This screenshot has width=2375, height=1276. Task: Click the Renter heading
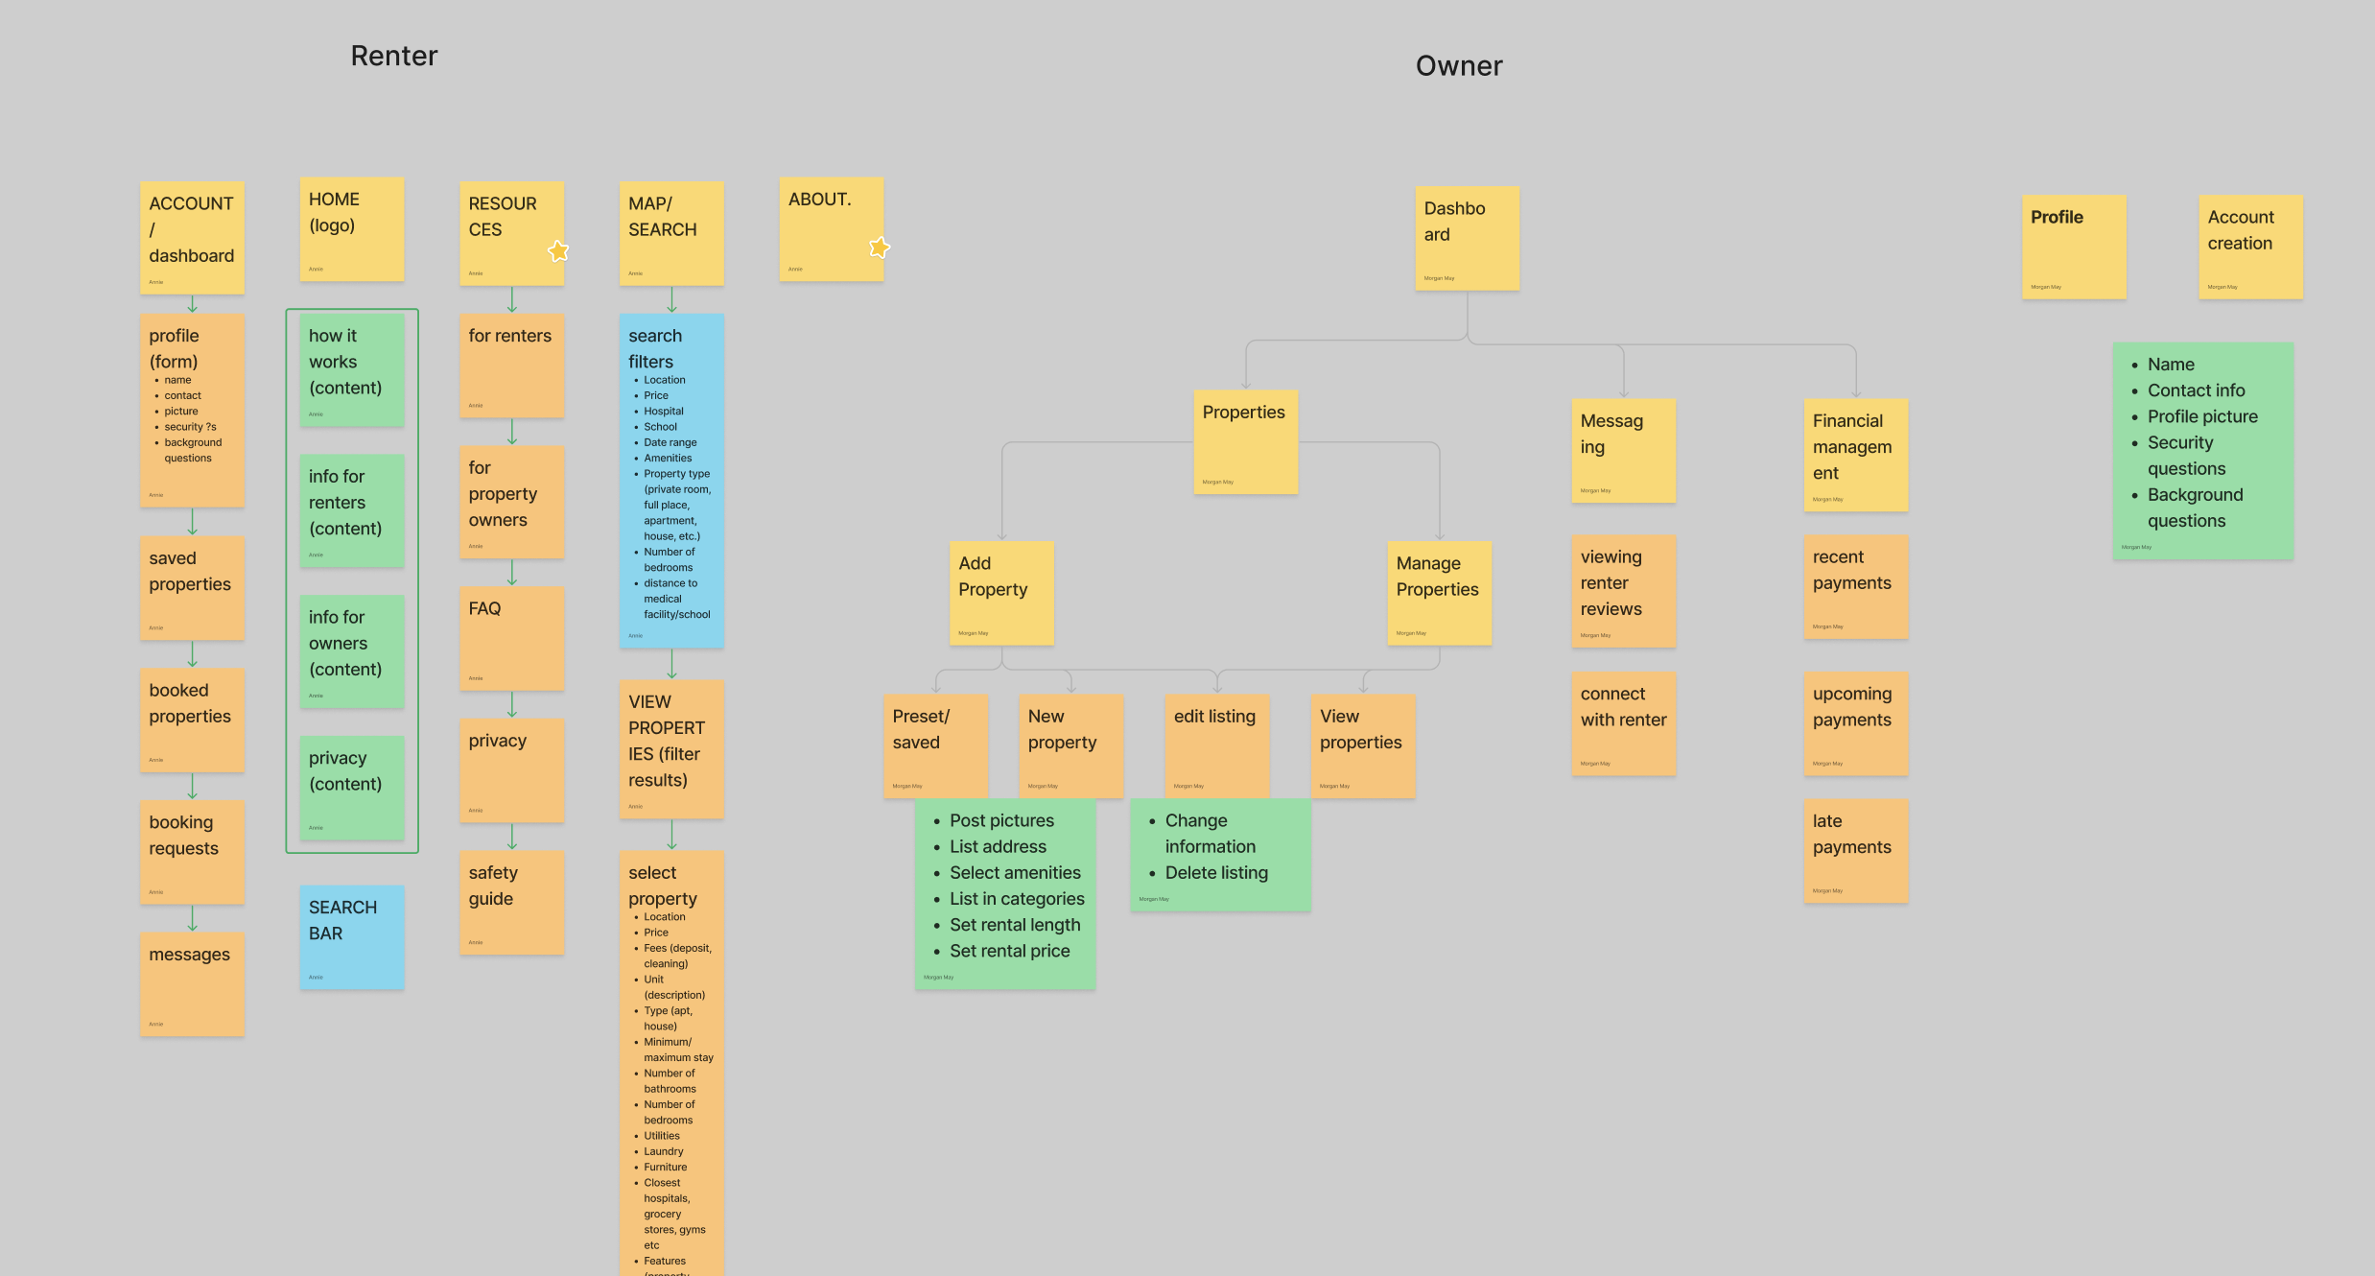pyautogui.click(x=393, y=56)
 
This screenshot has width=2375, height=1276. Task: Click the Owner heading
pyautogui.click(x=1458, y=65)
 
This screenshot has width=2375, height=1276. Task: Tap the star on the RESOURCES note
pyautogui.click(x=558, y=251)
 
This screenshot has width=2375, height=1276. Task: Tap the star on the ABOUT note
pyautogui.click(x=879, y=248)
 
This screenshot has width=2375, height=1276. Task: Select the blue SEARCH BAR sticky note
pyautogui.click(x=352, y=936)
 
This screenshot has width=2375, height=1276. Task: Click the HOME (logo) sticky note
pyautogui.click(x=352, y=228)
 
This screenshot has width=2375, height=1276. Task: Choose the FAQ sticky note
pyautogui.click(x=511, y=638)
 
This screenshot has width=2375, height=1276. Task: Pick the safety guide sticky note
pyautogui.click(x=511, y=902)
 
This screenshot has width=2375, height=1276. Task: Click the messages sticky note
pyautogui.click(x=192, y=983)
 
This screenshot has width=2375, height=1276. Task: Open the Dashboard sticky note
pyautogui.click(x=1467, y=238)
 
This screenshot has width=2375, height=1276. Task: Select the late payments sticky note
pyautogui.click(x=1855, y=850)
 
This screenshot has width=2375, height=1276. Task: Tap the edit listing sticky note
pyautogui.click(x=1216, y=745)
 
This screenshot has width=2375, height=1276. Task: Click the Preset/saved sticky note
pyautogui.click(x=935, y=745)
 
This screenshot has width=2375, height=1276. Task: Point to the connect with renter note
pyautogui.click(x=1623, y=722)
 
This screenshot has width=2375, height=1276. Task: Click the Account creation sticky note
pyautogui.click(x=2249, y=247)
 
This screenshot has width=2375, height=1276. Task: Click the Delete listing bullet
pyautogui.click(x=1215, y=873)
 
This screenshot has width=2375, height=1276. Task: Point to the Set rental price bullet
pyautogui.click(x=1009, y=951)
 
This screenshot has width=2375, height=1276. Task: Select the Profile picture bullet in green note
pyautogui.click(x=2201, y=416)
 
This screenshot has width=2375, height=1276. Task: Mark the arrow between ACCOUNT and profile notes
pyautogui.click(x=192, y=304)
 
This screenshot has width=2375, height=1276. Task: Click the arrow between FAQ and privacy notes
pyautogui.click(x=511, y=704)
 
